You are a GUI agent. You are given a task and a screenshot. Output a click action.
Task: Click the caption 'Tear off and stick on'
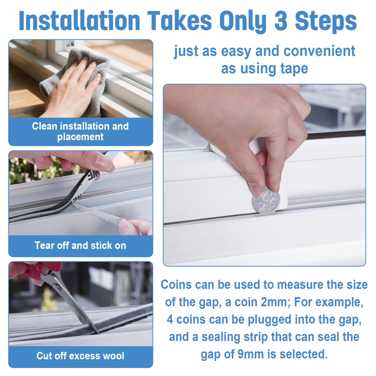click(x=80, y=245)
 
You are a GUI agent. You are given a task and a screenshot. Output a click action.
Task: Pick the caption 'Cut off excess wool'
click(x=80, y=356)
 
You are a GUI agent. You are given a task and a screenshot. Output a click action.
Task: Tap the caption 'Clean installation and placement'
click(x=80, y=132)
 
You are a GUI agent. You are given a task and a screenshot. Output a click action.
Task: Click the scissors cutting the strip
click(x=66, y=296)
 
